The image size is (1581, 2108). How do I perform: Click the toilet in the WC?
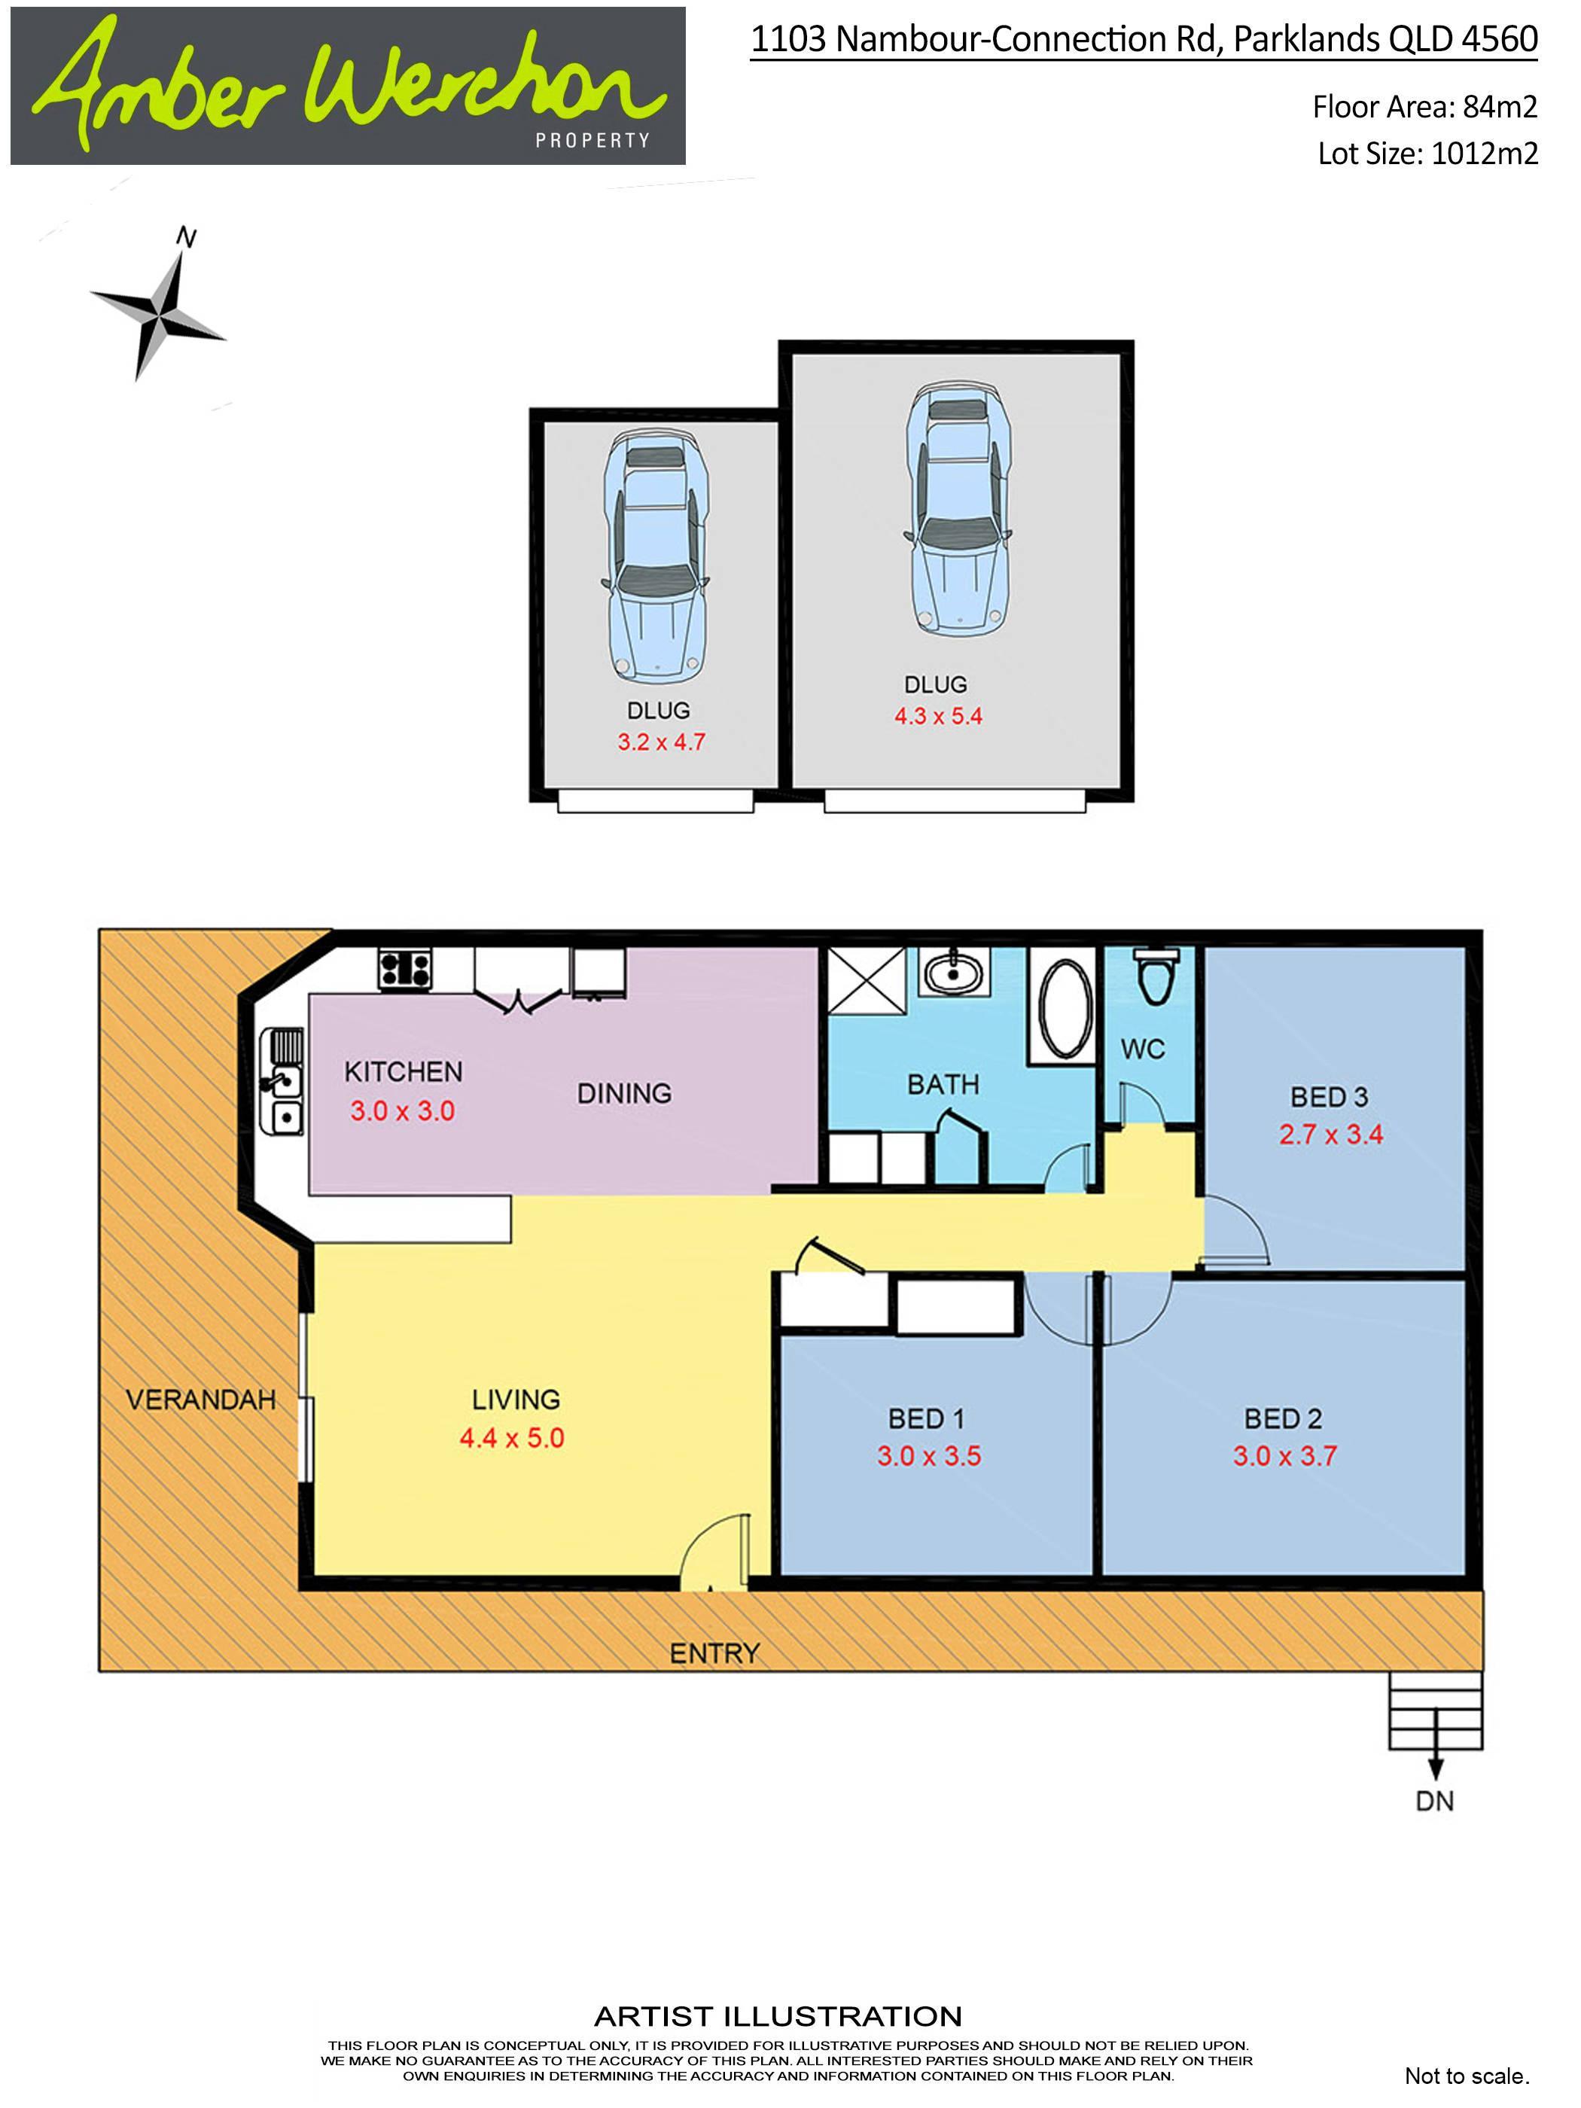coord(1155,976)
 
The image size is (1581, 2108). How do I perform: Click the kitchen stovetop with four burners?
coord(405,970)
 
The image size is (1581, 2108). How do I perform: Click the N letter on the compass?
coord(187,238)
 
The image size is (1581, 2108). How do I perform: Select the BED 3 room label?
coord(1329,1097)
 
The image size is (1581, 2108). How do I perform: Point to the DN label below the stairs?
coord(1434,1801)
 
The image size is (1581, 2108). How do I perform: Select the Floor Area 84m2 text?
coord(1424,107)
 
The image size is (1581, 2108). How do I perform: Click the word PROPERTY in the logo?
coord(592,140)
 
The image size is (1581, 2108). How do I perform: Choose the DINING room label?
coord(624,1093)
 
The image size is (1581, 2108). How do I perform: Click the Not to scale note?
coord(1467,2076)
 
